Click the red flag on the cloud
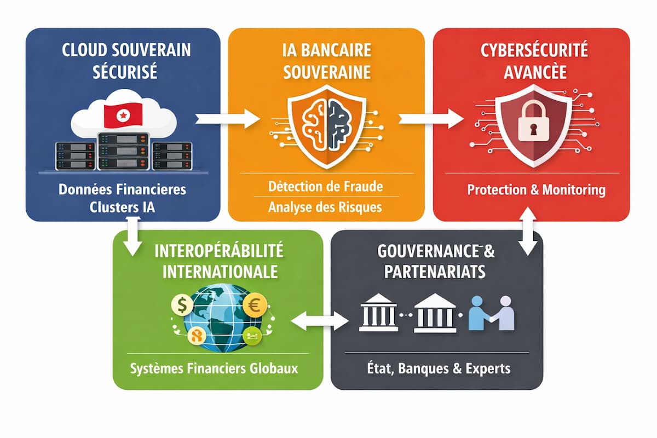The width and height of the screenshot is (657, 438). click(x=123, y=114)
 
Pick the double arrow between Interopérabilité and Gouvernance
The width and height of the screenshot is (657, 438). click(x=320, y=321)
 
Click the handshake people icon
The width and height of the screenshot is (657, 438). click(x=492, y=313)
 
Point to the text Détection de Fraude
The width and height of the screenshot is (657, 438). click(x=326, y=186)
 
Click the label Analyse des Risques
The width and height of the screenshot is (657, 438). click(x=326, y=208)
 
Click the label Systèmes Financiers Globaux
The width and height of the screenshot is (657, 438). click(x=214, y=368)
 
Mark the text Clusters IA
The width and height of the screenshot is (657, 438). click(x=123, y=208)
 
